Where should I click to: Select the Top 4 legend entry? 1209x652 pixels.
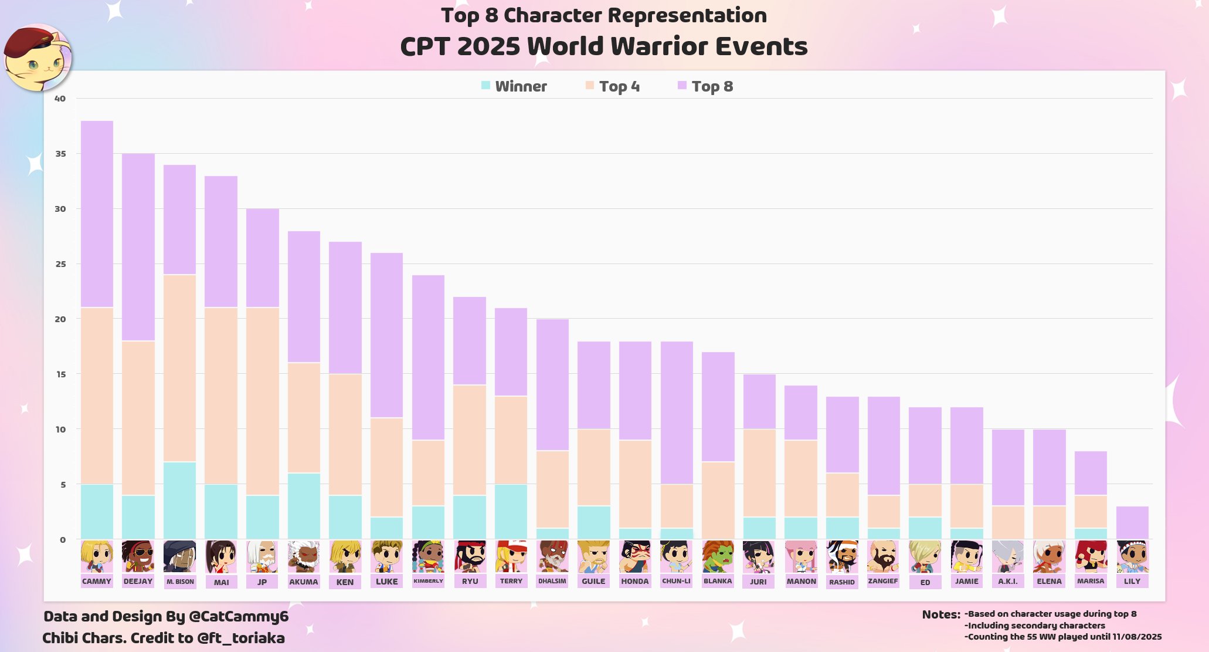[x=613, y=86]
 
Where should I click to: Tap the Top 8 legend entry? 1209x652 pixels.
[x=705, y=86]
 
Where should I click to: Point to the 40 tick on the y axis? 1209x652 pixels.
[x=60, y=99]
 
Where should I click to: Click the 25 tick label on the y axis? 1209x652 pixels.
[x=60, y=264]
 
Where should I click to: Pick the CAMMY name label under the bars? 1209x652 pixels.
[x=97, y=581]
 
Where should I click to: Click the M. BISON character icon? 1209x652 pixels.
[x=179, y=556]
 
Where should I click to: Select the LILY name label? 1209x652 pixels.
[x=1132, y=581]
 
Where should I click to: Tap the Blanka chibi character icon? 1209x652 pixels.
[x=718, y=556]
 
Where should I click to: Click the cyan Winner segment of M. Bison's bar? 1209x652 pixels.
[x=179, y=501]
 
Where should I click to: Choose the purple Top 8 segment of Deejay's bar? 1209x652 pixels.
[x=138, y=247]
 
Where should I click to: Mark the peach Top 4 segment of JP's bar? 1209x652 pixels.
[x=262, y=401]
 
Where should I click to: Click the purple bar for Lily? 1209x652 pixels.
[x=1132, y=523]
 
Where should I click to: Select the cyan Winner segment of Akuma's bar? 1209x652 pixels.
[x=304, y=506]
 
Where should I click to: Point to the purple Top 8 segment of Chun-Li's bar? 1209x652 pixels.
[x=676, y=413]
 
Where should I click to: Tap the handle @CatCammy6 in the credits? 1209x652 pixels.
[x=239, y=616]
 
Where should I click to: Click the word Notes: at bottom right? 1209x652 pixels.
[x=941, y=614]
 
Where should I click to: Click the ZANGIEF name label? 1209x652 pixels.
[x=883, y=581]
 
